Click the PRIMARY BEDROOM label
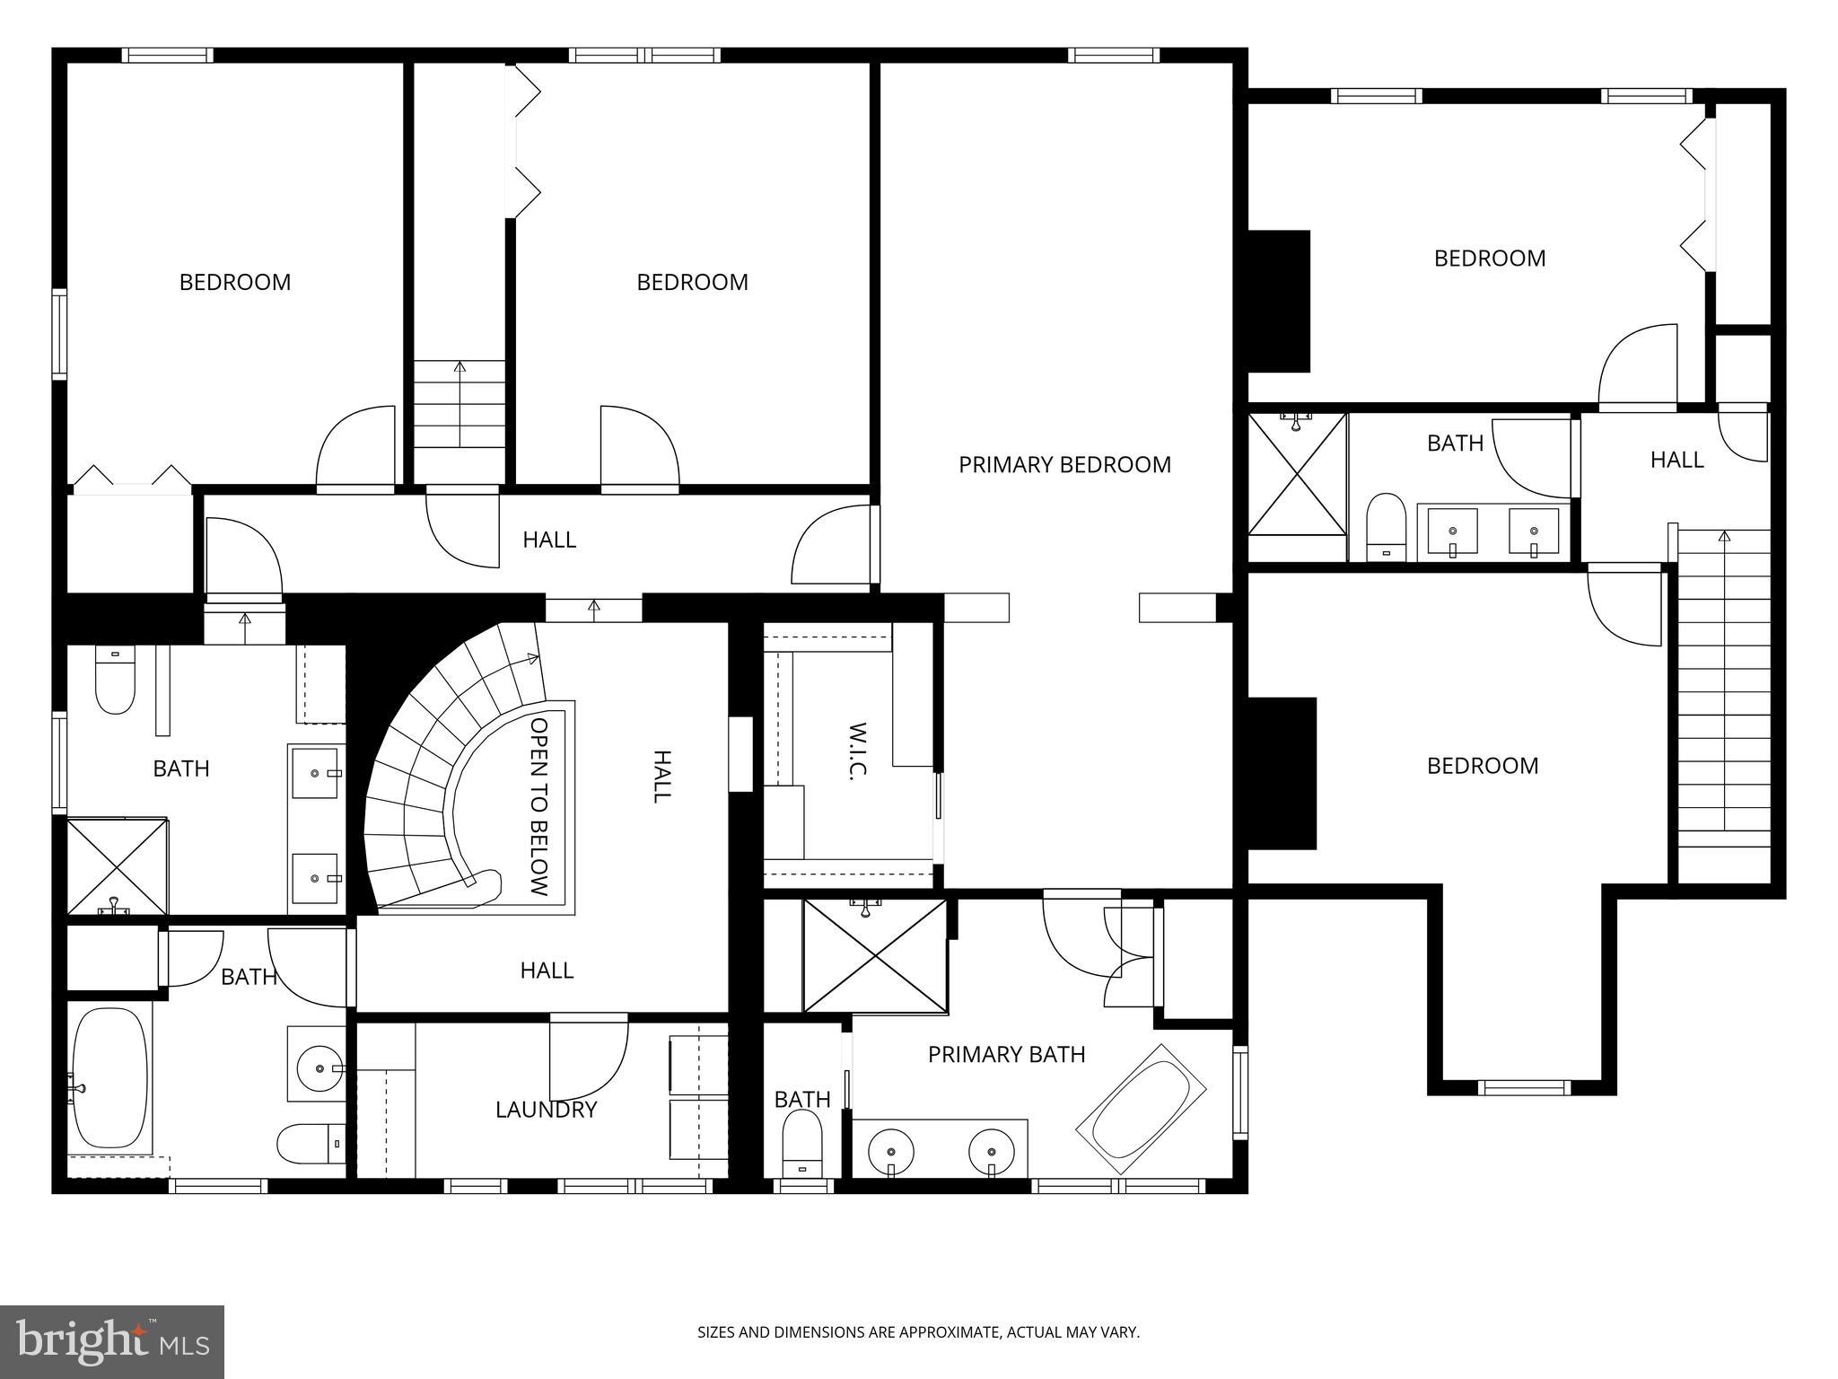(1064, 465)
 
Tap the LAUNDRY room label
(546, 1110)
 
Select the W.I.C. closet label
(856, 751)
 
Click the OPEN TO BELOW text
(538, 806)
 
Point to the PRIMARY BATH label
(1006, 1054)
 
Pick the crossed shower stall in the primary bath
(875, 956)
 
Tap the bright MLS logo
(112, 1341)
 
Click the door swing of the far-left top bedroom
(354, 446)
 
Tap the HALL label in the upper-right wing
(1676, 460)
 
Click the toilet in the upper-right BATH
(1387, 525)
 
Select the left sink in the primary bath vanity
(891, 1151)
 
